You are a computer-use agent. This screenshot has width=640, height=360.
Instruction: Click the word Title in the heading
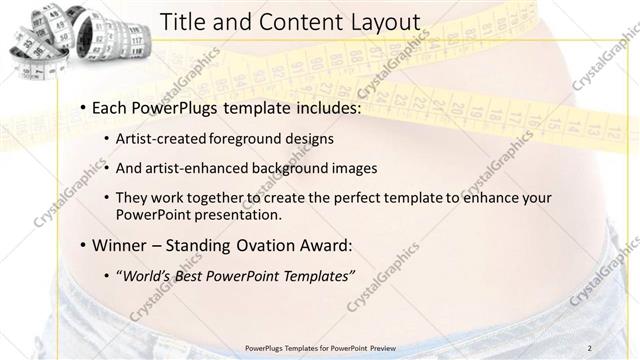(x=183, y=22)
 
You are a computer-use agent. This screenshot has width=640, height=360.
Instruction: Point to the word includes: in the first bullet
(x=324, y=107)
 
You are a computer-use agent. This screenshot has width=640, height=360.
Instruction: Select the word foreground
(x=248, y=138)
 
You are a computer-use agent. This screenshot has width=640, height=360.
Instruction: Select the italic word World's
(x=145, y=277)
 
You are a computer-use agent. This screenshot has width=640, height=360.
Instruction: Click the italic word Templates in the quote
(x=316, y=277)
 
